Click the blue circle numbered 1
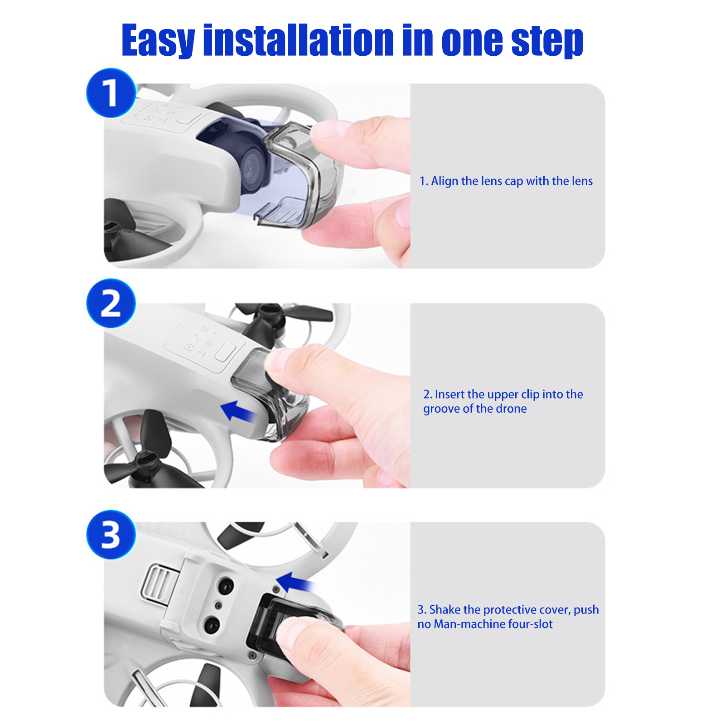111,93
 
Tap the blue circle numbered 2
111,303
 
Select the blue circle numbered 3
111,535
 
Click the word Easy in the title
159,41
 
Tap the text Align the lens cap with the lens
512,181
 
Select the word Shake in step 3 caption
445,609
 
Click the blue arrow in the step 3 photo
295,582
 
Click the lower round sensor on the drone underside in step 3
212,625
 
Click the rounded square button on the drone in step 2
225,352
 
